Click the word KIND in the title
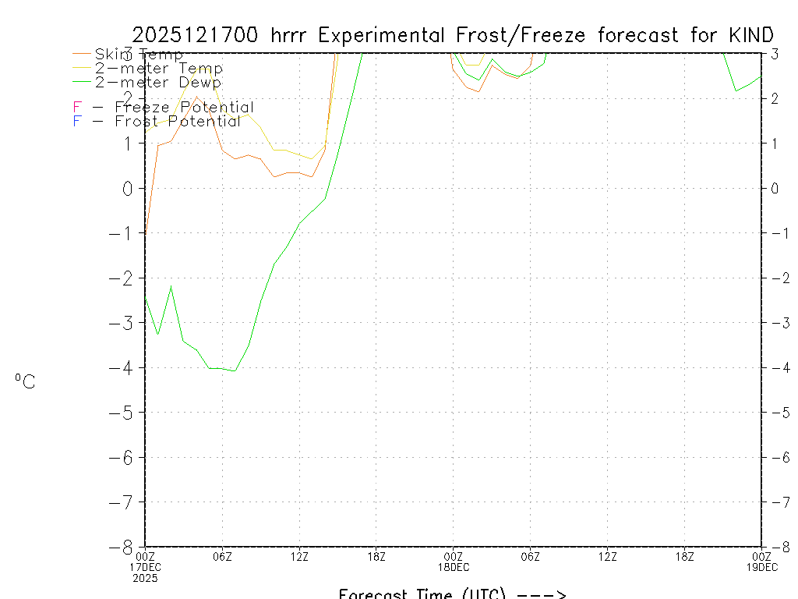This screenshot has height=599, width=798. [752, 35]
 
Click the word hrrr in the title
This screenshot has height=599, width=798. [290, 35]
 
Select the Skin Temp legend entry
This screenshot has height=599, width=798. [139, 55]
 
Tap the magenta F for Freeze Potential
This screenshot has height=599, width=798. [76, 108]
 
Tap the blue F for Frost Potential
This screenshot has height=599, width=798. [76, 122]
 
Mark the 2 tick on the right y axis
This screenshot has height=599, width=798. [773, 98]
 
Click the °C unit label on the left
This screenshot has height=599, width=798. [25, 381]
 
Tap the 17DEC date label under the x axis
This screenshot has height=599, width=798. [145, 567]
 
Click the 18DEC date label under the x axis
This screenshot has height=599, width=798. [454, 567]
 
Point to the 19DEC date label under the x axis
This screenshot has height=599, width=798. [761, 567]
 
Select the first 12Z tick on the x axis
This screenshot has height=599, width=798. [299, 556]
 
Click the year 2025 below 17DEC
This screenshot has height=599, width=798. [145, 578]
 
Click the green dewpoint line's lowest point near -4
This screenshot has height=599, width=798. [235, 370]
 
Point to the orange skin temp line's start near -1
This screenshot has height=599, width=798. [146, 232]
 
